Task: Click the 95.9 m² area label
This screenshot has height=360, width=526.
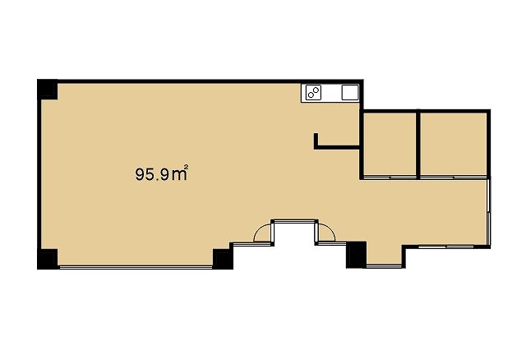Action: click(x=161, y=173)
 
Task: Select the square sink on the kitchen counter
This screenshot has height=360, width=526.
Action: click(x=350, y=92)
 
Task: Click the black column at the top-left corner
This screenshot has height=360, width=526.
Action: click(x=48, y=90)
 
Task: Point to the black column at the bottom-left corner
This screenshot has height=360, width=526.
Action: click(x=48, y=259)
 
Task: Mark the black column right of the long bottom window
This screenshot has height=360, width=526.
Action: click(x=223, y=259)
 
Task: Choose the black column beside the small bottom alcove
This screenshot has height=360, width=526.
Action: click(x=356, y=255)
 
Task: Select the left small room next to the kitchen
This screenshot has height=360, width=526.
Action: click(x=390, y=145)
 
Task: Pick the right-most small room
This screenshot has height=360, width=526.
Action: click(x=454, y=145)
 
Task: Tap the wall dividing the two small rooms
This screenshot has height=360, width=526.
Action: click(x=418, y=144)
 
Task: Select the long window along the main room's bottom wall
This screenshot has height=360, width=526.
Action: click(x=136, y=267)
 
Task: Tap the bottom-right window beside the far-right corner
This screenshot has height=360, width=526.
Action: click(x=446, y=247)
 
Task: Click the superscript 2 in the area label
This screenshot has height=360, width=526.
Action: click(x=186, y=166)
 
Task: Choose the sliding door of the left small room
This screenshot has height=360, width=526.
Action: click(x=390, y=177)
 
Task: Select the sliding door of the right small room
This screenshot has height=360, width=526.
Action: click(x=454, y=177)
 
